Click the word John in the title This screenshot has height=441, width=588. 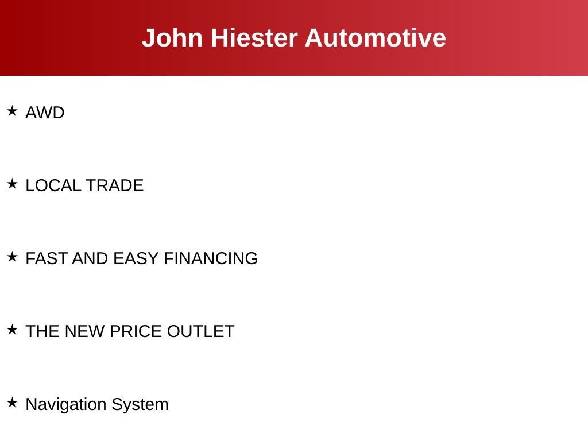coord(172,38)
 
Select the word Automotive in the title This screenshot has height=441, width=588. coord(376,38)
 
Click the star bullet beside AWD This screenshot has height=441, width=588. coord(13,111)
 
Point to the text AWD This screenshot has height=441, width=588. coord(45,113)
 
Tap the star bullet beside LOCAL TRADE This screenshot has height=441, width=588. coord(13,184)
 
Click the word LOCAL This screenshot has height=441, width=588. coord(53,185)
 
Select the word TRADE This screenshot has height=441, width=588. coord(115,185)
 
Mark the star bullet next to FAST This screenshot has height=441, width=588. coord(13,257)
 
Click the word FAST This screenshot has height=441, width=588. coord(47,258)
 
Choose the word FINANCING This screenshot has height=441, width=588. coord(211,258)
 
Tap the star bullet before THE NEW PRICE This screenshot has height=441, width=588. coord(13,330)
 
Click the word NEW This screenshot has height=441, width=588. coord(85,331)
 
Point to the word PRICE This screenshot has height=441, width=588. coord(136,331)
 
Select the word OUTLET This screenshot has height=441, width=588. coord(200,331)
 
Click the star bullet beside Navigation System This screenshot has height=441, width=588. coord(13,403)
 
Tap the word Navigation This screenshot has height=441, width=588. coord(66,405)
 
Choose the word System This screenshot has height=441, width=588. coord(140,405)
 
